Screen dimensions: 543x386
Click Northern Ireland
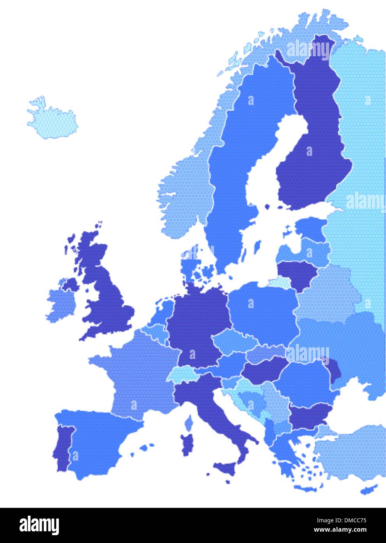pos(71,284)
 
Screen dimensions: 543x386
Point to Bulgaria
pos(310,416)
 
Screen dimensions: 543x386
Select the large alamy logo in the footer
pos(39,525)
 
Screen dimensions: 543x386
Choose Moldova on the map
pos(335,369)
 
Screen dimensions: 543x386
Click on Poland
pos(263,309)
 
